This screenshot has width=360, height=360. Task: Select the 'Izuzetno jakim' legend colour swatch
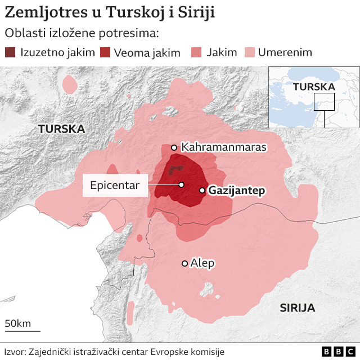tap(11, 53)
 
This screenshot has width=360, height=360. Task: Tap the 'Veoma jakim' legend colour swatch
tap(105, 53)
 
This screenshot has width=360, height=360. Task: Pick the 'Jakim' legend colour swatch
tap(197, 53)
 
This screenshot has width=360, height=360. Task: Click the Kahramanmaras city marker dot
tap(174, 147)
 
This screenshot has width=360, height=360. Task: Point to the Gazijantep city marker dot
tap(202, 191)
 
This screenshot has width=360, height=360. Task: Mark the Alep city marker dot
tap(184, 263)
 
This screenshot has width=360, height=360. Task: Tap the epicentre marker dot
tap(182, 184)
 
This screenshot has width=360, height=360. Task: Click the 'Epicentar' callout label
tap(115, 185)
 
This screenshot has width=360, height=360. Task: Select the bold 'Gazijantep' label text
tap(236, 191)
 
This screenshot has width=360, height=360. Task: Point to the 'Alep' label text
tap(202, 263)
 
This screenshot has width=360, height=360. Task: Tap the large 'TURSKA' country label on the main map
tap(61, 129)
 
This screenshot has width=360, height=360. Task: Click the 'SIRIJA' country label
tap(297, 308)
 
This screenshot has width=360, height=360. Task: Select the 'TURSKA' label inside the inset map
tap(313, 87)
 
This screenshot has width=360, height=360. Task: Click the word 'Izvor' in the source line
tap(15, 352)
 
